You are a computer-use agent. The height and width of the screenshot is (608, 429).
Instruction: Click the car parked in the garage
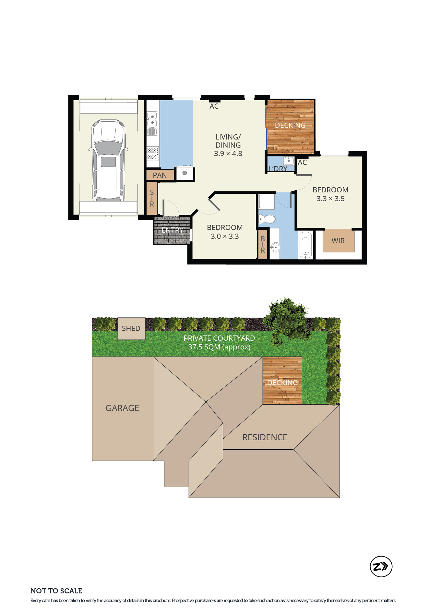point(108,160)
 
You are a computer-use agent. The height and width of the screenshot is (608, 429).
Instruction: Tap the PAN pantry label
point(160,175)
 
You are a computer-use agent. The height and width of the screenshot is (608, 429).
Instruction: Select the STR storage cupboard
point(152,199)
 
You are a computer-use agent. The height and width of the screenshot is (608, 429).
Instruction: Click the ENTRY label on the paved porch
point(173,230)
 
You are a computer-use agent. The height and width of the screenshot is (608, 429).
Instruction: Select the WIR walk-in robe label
point(338,241)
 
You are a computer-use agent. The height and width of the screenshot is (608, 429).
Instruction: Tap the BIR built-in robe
point(263,244)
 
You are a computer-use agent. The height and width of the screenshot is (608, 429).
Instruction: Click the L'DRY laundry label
point(278,169)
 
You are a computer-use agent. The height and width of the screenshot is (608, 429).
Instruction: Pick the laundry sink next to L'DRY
point(289,161)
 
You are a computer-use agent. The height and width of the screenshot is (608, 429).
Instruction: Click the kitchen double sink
point(152,119)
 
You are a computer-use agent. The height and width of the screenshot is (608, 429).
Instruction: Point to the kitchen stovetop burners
point(153,154)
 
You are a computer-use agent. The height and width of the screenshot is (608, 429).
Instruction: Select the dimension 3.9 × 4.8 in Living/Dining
point(228,154)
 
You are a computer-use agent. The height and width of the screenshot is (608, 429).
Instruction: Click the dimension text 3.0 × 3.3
point(225,237)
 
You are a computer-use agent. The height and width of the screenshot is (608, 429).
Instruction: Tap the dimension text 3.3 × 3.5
point(330,199)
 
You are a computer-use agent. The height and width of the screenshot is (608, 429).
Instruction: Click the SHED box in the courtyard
point(131,329)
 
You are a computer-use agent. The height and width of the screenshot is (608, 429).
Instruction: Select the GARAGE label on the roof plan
point(122,408)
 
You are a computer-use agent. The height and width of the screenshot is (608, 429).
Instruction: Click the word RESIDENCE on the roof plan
point(265,437)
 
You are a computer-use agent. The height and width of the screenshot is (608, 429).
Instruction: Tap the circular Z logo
point(381,566)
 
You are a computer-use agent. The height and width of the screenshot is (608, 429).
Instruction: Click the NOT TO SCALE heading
point(56,591)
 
